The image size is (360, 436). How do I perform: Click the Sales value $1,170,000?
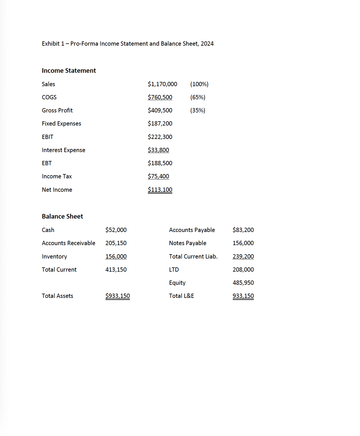[x=162, y=84]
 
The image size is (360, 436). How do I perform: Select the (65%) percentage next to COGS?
[x=198, y=97]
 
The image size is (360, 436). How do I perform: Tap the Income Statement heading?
[x=69, y=70]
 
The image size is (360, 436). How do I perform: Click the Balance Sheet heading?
[x=62, y=216]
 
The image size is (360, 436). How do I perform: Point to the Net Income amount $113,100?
[x=160, y=190]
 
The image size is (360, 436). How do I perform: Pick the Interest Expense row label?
[x=63, y=150]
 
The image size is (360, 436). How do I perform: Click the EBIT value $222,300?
[x=160, y=137]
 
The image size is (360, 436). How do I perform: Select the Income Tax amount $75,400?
[x=158, y=176]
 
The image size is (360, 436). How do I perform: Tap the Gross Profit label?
[x=57, y=110]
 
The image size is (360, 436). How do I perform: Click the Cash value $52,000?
[x=116, y=230]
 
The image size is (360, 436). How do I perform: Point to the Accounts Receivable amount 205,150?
[x=116, y=243]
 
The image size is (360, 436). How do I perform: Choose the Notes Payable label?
[x=187, y=243]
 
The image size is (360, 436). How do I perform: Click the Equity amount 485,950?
[x=243, y=283]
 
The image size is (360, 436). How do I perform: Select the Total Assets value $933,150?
[x=118, y=296]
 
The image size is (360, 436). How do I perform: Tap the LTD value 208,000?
[x=243, y=270]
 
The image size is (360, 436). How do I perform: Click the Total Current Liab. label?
[x=193, y=257]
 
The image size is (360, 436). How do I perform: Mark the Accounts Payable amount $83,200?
[x=243, y=230]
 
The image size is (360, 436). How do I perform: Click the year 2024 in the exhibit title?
[x=207, y=44]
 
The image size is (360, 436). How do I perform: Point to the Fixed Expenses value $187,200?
[x=160, y=124]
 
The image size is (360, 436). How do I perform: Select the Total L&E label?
[x=181, y=296]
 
